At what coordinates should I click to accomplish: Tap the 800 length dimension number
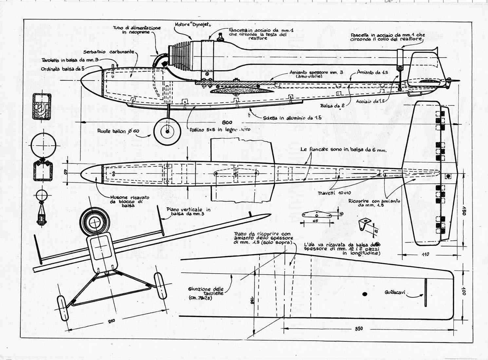click(227, 122)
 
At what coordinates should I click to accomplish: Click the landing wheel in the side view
click(167, 132)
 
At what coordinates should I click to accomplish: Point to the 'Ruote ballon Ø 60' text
click(118, 131)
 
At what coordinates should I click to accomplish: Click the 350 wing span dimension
click(358, 329)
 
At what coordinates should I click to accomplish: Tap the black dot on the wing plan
click(365, 293)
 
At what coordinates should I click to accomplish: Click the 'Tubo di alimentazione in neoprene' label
click(137, 30)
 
